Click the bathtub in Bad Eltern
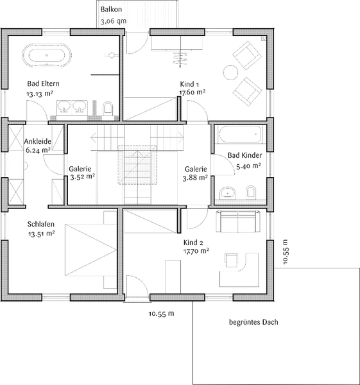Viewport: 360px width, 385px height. click(x=47, y=56)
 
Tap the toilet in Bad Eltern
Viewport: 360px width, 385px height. click(x=108, y=109)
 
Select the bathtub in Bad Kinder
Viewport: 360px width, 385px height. click(x=240, y=134)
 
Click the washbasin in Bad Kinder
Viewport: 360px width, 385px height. click(x=228, y=193)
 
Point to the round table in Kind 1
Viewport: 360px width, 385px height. click(x=230, y=73)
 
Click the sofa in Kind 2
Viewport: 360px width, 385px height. click(x=237, y=222)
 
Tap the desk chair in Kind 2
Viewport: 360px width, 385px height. click(x=231, y=261)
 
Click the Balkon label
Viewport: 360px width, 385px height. click(x=111, y=10)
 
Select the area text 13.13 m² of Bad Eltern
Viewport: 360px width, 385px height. click(x=40, y=94)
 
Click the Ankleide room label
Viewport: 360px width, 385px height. click(x=38, y=141)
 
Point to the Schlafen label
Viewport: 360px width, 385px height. click(x=41, y=224)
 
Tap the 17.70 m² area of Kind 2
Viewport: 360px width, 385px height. click(x=196, y=251)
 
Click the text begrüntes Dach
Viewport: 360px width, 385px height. click(x=253, y=322)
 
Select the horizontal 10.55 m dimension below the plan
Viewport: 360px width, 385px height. click(x=161, y=314)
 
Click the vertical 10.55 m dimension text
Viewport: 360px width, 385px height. click(x=285, y=252)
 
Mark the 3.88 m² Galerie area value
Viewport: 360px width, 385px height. click(x=195, y=178)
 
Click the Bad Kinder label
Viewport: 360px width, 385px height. click(x=244, y=155)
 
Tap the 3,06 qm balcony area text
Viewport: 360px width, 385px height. click(x=114, y=21)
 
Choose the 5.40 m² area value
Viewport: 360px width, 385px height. click(x=248, y=166)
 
